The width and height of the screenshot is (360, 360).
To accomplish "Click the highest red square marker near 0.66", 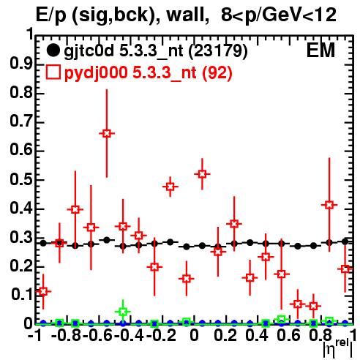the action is coord(107,133).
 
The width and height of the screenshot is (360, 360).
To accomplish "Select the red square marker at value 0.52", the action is coord(202,174).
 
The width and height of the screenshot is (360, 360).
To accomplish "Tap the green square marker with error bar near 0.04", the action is coord(123,312).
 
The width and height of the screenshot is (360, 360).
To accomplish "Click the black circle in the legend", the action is coord(53,50).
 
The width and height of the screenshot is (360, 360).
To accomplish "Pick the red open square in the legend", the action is coord(53,72).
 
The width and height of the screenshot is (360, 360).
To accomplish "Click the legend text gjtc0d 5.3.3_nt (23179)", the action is coord(156,51).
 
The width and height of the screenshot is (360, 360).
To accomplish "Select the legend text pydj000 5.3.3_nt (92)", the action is coord(148,73).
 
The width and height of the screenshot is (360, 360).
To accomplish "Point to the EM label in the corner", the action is coord(320,50).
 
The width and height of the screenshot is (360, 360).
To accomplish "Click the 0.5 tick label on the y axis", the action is coord(21,180).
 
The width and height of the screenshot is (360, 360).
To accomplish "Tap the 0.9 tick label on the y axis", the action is coord(21,64).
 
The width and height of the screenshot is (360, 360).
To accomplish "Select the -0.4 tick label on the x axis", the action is coord(129,336).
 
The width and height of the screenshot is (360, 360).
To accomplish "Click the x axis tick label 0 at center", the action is coord(194,336).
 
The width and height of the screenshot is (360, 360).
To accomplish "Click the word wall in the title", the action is coord(186,15).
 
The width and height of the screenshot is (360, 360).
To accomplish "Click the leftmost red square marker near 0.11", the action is coord(43,291).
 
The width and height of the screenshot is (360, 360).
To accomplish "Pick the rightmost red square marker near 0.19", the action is coord(345,269).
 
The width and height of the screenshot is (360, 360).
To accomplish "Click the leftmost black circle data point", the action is coord(43,243).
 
